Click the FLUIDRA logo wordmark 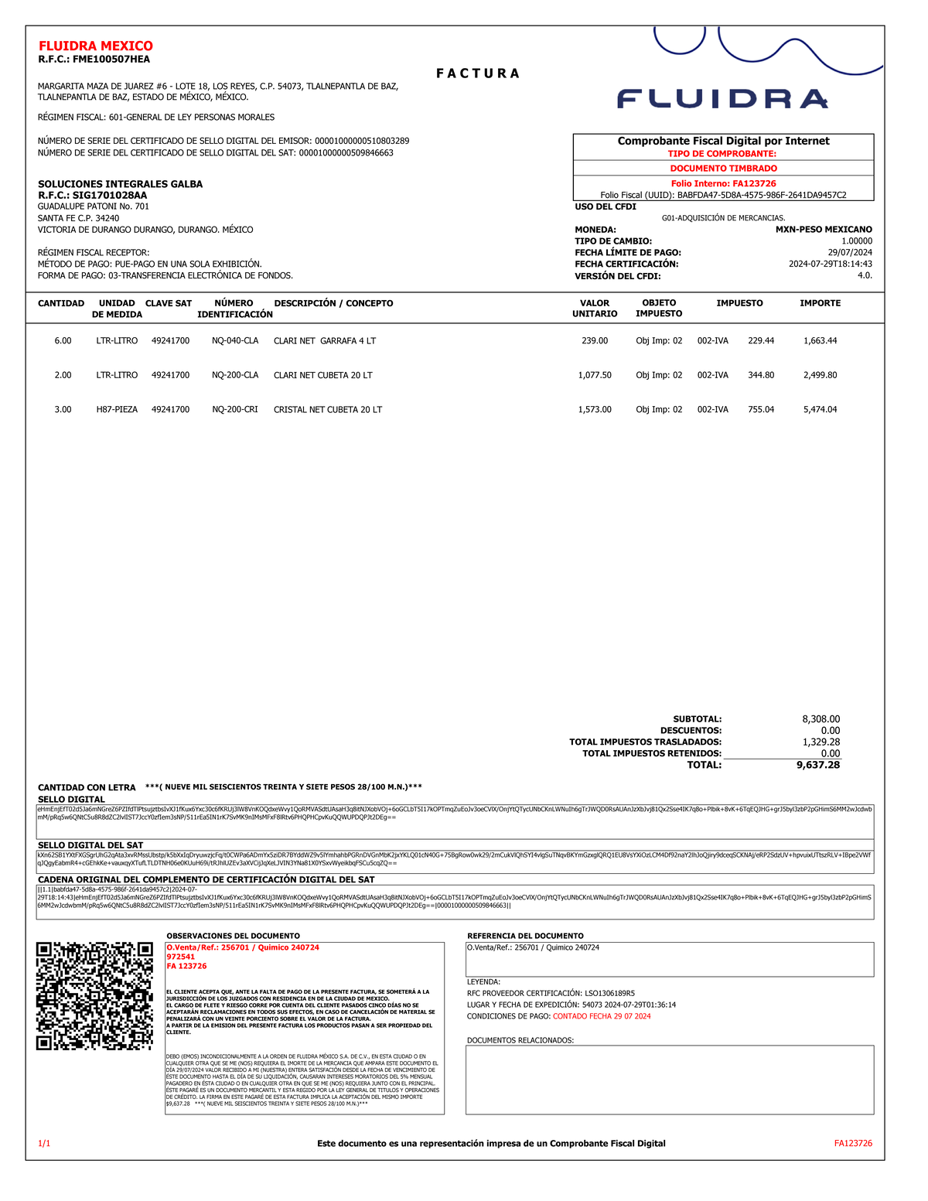pyautogui.click(x=722, y=99)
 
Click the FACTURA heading pyautogui.click(x=477, y=73)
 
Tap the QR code pyautogui.click(x=94, y=996)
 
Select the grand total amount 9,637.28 pyautogui.click(x=817, y=765)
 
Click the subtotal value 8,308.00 pyautogui.click(x=821, y=719)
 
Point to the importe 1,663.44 pyautogui.click(x=820, y=341)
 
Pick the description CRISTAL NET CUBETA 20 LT pyautogui.click(x=328, y=410)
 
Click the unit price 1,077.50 pyautogui.click(x=594, y=375)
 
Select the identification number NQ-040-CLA pyautogui.click(x=235, y=341)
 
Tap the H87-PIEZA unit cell pyautogui.click(x=117, y=410)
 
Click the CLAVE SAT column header pyautogui.click(x=169, y=303)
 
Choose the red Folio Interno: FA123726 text pyautogui.click(x=723, y=183)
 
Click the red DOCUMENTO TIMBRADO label pyautogui.click(x=723, y=169)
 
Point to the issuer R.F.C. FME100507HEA pyautogui.click(x=94, y=60)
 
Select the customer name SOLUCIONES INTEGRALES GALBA pyautogui.click(x=121, y=184)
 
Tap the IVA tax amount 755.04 pyautogui.click(x=760, y=410)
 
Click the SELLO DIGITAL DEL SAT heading pyautogui.click(x=90, y=845)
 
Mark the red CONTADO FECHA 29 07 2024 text pyautogui.click(x=602, y=1016)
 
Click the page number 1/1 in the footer pyautogui.click(x=44, y=1143)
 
